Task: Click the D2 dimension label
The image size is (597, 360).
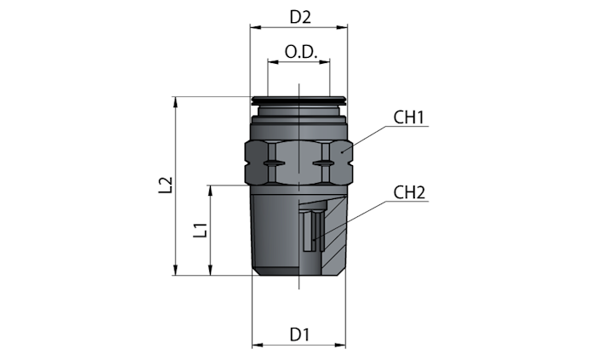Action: click(300, 17)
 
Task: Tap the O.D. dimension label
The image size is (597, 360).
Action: click(301, 52)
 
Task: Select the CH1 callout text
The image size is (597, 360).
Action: click(408, 117)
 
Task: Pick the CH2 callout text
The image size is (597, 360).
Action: click(409, 192)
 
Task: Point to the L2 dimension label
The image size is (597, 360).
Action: click(166, 185)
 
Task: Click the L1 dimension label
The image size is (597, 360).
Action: click(200, 230)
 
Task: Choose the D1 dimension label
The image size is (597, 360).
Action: click(299, 334)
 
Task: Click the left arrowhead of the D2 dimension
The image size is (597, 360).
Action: click(255, 27)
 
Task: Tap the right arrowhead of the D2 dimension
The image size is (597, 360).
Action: click(342, 27)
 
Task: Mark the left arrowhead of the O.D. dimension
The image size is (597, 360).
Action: click(273, 61)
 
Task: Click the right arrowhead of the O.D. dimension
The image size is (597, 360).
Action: click(325, 61)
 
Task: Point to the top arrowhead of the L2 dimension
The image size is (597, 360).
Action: click(175, 102)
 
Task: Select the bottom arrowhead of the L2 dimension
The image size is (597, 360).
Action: click(175, 270)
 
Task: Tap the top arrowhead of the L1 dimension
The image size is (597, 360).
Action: click(210, 191)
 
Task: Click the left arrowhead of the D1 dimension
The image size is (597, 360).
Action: click(258, 346)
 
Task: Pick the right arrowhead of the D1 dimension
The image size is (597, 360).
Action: click(340, 346)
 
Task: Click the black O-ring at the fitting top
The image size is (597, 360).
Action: click(298, 100)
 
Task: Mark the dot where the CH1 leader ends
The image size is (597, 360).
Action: click(342, 152)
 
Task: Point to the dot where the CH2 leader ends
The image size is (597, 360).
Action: click(313, 240)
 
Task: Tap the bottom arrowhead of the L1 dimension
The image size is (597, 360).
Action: click(210, 270)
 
